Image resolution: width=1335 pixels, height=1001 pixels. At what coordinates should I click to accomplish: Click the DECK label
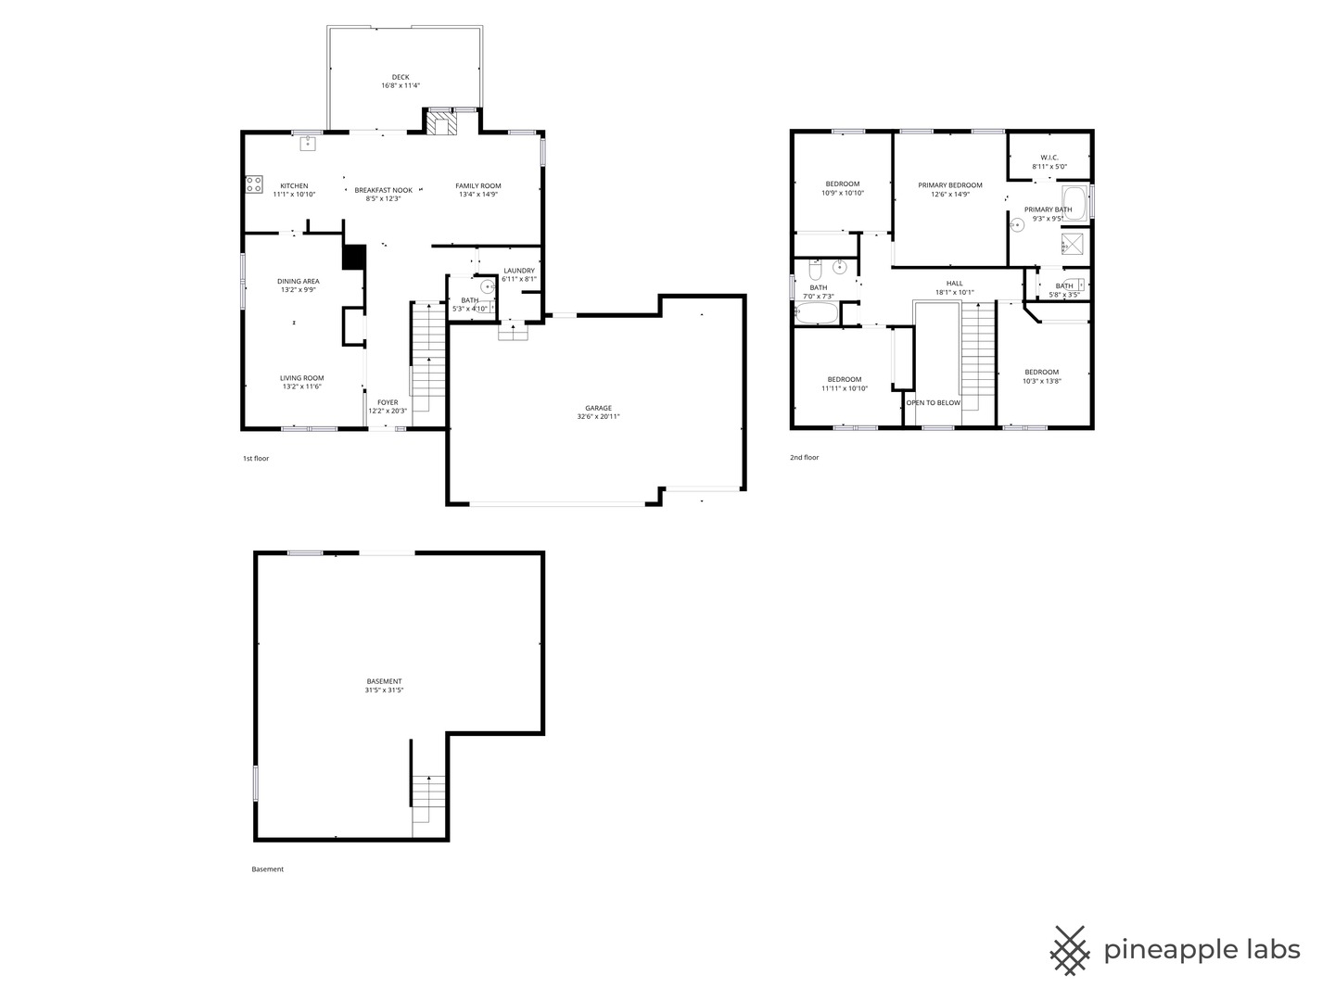400,77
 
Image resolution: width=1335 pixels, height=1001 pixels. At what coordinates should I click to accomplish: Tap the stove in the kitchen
254,184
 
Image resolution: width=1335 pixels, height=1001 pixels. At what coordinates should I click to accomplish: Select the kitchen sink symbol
309,144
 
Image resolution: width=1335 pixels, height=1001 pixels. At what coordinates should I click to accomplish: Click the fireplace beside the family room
440,122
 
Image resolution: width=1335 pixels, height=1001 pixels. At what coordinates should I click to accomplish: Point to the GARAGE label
599,408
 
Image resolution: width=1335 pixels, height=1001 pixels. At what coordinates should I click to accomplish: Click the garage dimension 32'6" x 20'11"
599,417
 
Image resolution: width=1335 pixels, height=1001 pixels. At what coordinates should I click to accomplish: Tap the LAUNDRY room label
519,271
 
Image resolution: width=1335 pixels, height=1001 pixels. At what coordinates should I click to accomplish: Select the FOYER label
388,402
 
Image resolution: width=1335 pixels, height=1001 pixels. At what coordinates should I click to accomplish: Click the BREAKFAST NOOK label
383,190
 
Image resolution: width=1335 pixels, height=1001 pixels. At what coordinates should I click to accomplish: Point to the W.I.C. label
1049,158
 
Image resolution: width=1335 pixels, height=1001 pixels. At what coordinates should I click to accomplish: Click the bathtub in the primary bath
1075,203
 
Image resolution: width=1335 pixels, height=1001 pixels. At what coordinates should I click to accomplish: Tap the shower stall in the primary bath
1073,244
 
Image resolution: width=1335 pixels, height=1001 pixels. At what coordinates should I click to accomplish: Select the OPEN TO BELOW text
934,403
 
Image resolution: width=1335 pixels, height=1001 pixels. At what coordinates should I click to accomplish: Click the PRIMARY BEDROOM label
950,185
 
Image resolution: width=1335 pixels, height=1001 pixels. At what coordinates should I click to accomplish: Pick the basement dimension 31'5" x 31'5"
384,691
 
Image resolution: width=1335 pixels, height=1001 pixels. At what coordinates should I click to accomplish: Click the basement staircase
429,799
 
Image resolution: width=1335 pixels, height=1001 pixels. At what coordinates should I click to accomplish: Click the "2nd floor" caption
804,458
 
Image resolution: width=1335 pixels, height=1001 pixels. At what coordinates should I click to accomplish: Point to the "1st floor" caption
256,459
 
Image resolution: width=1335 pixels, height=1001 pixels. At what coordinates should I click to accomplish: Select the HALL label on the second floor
954,284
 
